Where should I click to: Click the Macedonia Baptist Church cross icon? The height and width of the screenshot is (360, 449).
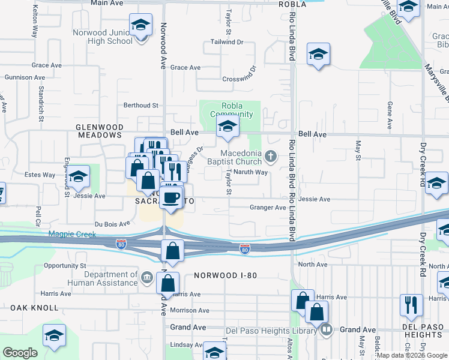(x=271, y=157)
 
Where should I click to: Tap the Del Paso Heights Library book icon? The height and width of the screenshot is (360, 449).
(x=326, y=329)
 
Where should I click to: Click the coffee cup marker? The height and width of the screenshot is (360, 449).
(x=172, y=197)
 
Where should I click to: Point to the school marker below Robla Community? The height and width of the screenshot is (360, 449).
(x=228, y=127)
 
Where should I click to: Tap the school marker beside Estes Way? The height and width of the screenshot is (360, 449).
(x=78, y=177)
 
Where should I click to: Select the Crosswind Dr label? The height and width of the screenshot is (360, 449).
(x=239, y=79)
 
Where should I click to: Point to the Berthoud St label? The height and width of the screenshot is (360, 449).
(x=140, y=105)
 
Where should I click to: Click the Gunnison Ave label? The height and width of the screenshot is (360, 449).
(x=25, y=77)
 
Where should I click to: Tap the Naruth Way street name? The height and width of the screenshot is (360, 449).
(x=250, y=172)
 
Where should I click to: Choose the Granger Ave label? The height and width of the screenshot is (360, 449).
(x=268, y=208)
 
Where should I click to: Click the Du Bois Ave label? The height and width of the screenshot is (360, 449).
(x=112, y=223)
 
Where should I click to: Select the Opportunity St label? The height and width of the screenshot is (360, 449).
(x=65, y=265)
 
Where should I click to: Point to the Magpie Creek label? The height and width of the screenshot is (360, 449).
(x=71, y=234)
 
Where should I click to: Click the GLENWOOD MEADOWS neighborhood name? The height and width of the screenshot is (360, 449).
(x=100, y=131)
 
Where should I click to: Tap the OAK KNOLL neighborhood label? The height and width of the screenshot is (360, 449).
(x=34, y=308)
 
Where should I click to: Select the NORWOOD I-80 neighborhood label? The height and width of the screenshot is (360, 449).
(x=226, y=276)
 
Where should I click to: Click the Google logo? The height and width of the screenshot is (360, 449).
(x=20, y=353)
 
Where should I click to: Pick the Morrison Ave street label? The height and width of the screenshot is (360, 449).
(x=190, y=310)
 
